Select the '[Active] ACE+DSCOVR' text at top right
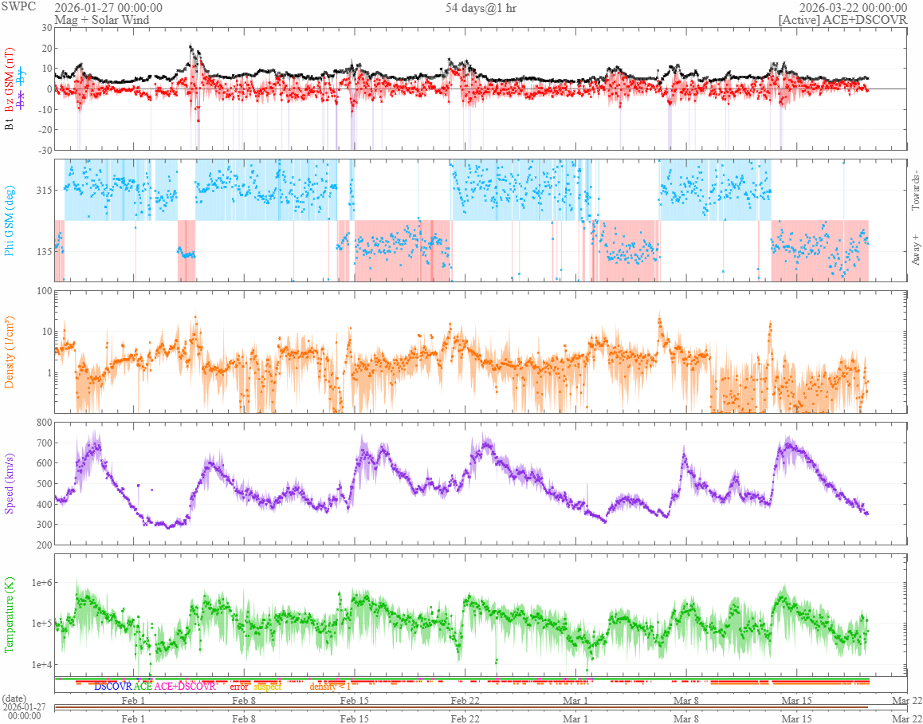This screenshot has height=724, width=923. pos(842,20)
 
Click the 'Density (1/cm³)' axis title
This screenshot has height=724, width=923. pos(10,352)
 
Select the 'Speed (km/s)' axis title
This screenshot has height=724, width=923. pos(10,482)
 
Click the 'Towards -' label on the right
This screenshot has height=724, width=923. pos(915,191)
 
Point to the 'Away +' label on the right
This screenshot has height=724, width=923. pos(915,250)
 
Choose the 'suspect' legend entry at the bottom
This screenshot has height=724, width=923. pos(268,686)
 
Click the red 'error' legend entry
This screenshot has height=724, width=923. pos(238,686)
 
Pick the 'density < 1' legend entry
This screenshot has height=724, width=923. pos(330,686)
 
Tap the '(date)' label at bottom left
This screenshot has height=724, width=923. pos(14,698)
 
